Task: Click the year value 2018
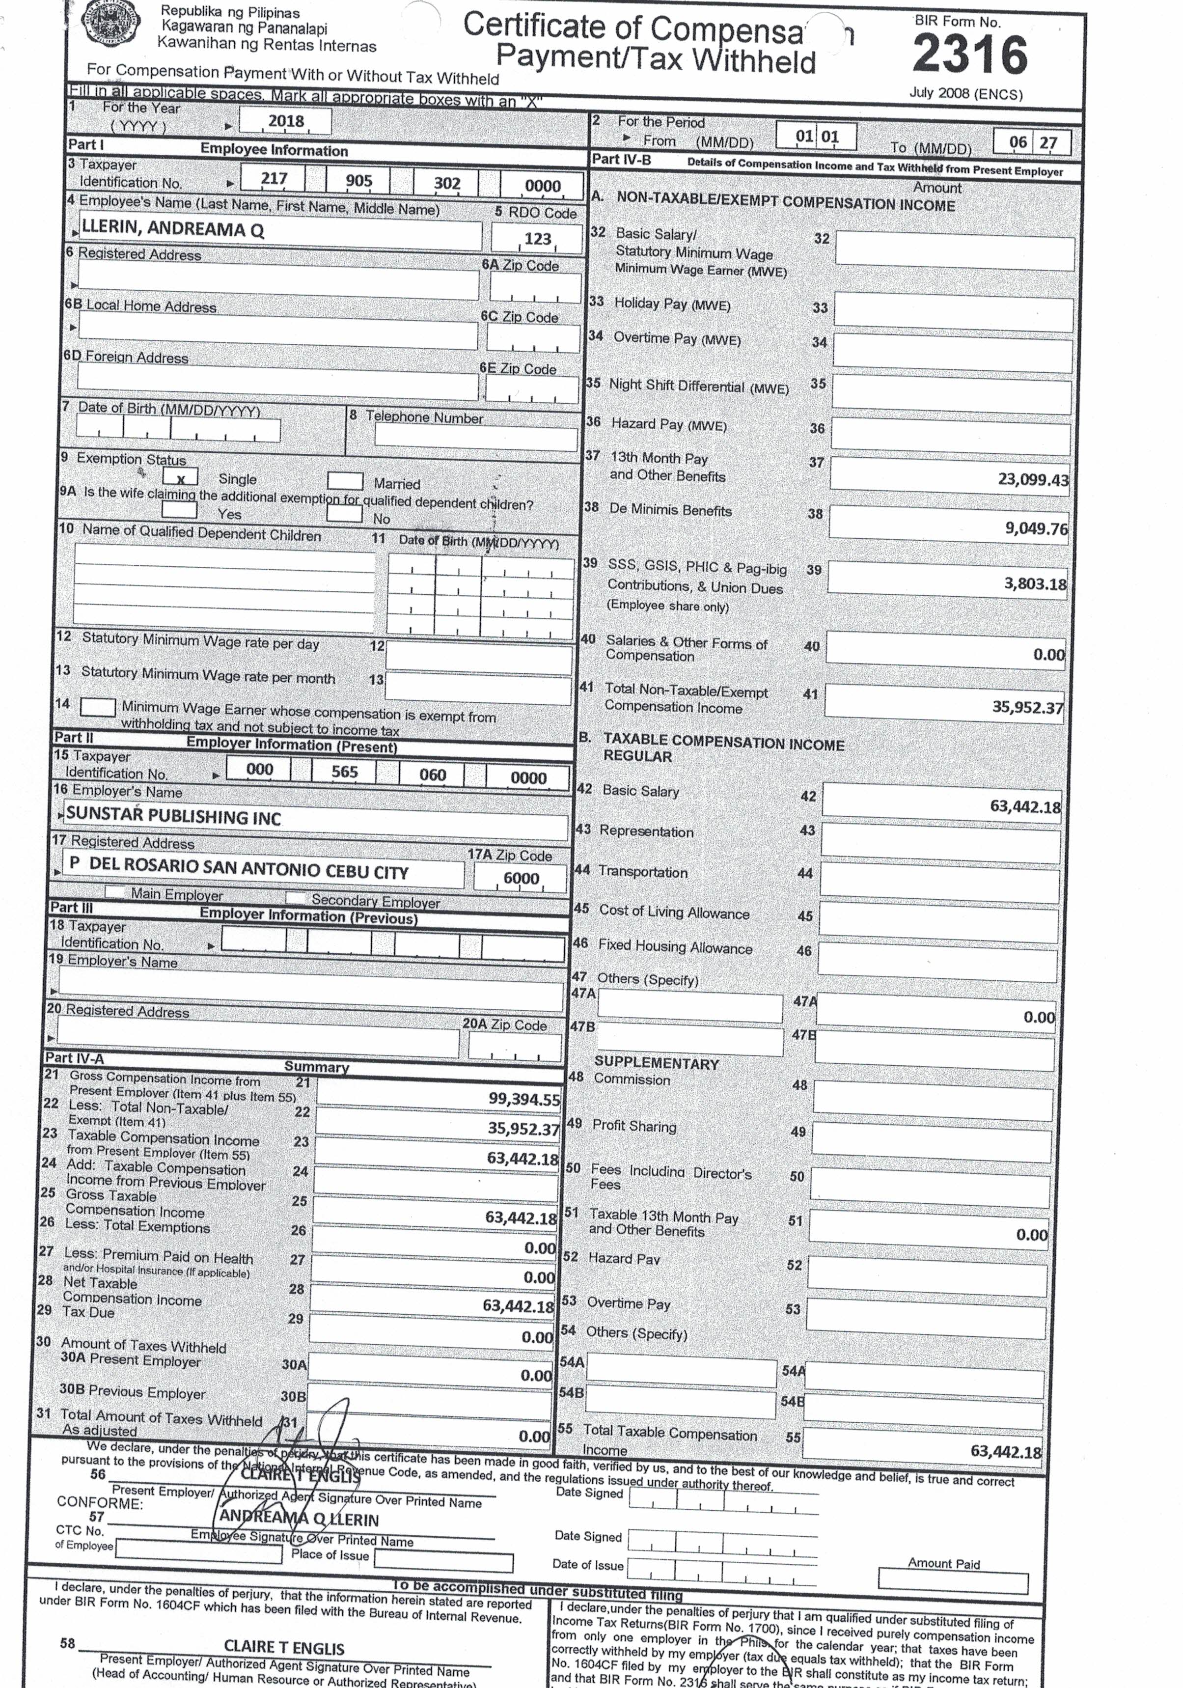coord(286,121)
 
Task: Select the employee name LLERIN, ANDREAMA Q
coord(173,229)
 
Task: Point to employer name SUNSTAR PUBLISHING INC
coord(173,817)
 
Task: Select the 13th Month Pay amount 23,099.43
coord(1032,480)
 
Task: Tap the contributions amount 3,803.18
coord(1035,584)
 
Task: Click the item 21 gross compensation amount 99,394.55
coord(523,1099)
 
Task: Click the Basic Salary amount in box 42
coord(1024,806)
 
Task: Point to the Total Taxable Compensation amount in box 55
coord(1005,1451)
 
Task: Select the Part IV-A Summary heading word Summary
coord(316,1066)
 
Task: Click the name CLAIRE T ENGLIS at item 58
coord(284,1648)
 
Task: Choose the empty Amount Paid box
coord(952,1583)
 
